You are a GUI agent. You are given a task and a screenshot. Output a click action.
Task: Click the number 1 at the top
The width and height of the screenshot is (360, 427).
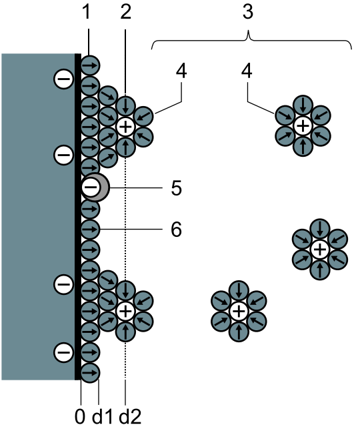[87, 12]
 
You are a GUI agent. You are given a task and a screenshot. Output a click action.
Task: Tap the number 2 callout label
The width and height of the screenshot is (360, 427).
[126, 12]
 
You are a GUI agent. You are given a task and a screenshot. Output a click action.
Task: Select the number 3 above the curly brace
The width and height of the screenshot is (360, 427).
[248, 12]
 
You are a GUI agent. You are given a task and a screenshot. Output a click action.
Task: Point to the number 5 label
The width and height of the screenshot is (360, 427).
[176, 188]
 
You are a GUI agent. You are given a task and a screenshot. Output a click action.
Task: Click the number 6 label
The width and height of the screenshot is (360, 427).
[176, 230]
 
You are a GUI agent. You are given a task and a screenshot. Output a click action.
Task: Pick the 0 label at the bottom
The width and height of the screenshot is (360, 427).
[80, 416]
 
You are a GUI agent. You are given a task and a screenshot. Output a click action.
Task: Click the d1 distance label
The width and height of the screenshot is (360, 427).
[102, 416]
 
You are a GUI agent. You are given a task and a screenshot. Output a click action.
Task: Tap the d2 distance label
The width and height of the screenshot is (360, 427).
[131, 416]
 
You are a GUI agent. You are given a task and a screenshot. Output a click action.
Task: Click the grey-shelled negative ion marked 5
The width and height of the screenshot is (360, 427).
[95, 187]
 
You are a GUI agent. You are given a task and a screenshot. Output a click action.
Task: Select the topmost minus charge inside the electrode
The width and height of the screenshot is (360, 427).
[64, 79]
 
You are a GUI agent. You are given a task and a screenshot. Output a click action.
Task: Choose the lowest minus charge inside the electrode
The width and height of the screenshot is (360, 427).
[64, 352]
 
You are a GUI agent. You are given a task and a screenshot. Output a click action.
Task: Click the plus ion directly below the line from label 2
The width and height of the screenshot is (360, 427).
[125, 126]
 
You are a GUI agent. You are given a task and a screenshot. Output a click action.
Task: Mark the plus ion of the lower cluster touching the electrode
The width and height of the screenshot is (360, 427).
[125, 311]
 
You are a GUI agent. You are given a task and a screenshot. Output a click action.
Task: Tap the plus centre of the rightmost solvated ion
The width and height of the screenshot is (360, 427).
[320, 249]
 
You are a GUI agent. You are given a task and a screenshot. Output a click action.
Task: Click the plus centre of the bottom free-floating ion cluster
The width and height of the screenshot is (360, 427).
[239, 312]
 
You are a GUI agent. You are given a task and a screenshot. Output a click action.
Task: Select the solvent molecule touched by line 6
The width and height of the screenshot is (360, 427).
[90, 230]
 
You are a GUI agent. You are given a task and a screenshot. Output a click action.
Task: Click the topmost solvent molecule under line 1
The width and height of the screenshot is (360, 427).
[90, 65]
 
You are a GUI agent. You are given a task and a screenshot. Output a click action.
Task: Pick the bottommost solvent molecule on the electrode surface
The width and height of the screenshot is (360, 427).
[90, 373]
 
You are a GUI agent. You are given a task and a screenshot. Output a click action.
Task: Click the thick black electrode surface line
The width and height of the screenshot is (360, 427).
[78, 217]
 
